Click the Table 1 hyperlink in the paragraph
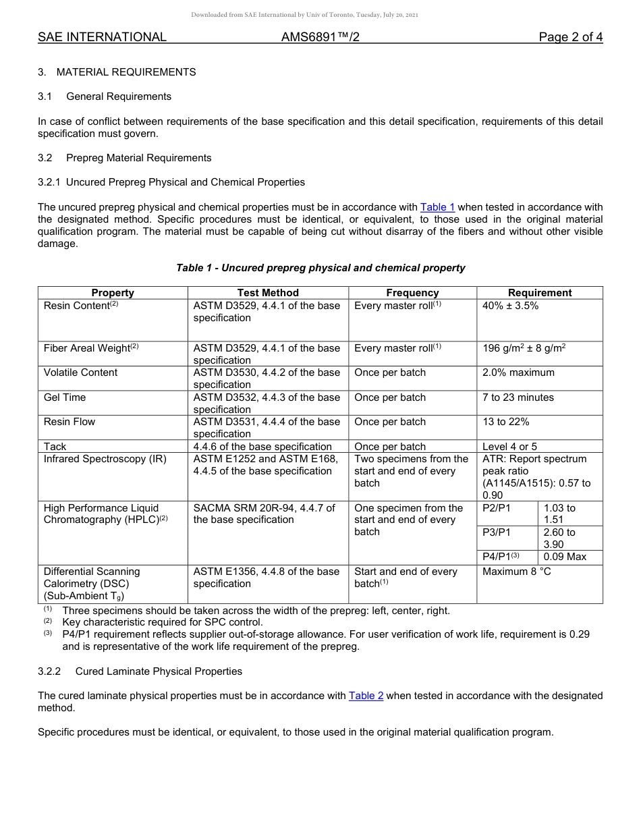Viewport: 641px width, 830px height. pos(437,207)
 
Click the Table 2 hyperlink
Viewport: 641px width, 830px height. pos(366,696)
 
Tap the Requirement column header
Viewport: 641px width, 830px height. pos(539,293)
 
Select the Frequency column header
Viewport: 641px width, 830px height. pos(412,293)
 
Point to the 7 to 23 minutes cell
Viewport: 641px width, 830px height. pos(518,397)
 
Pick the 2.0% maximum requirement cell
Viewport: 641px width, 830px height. pos(518,372)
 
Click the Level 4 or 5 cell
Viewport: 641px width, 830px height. pos(511,447)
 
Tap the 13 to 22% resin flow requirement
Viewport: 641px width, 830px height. pos(505,422)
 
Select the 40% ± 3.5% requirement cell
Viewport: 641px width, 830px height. pos(510,306)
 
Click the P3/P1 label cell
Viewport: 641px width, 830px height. pos(497,532)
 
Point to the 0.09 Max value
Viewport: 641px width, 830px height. pos(565,557)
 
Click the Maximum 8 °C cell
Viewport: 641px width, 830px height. pos(517,572)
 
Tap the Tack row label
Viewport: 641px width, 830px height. pos(55,447)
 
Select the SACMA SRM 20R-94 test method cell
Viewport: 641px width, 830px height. pos(264,514)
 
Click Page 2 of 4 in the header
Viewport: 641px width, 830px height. pos(570,37)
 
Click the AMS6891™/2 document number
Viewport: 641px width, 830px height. pos(320,37)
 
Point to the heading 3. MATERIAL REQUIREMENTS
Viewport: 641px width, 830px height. pos(117,72)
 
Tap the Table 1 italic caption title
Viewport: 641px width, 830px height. pos(320,268)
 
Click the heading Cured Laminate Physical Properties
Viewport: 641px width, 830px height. pos(159,671)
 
